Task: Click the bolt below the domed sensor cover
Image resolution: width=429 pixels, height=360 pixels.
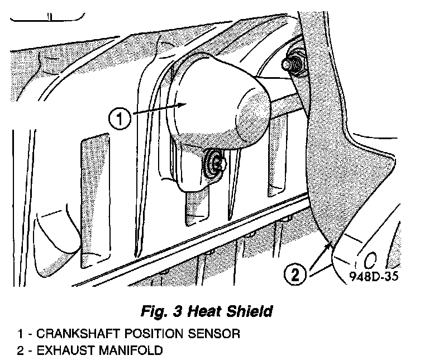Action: (x=215, y=163)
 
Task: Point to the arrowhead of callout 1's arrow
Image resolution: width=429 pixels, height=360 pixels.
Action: (x=188, y=105)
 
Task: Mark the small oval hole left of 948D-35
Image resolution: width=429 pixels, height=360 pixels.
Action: (x=370, y=259)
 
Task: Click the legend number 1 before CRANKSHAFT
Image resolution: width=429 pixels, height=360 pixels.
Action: (x=20, y=334)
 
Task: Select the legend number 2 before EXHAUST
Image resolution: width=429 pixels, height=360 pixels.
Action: (x=20, y=351)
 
